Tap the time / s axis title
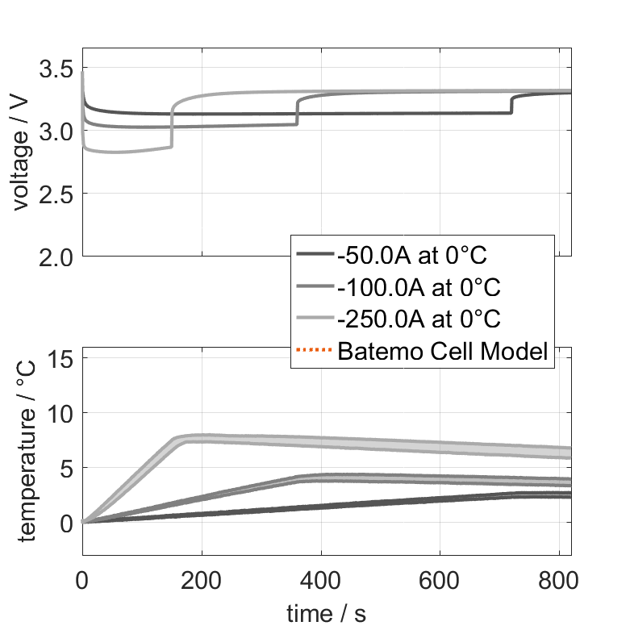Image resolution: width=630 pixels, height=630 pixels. tap(326, 614)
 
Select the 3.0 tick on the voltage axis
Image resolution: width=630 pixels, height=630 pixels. tap(56, 130)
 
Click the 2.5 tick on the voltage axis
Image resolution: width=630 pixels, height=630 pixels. tap(56, 194)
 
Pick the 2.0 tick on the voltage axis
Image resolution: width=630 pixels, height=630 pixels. tap(56, 257)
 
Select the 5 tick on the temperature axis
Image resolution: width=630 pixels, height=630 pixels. tap(67, 467)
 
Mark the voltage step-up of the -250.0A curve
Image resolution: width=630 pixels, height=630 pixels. tap(172, 125)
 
